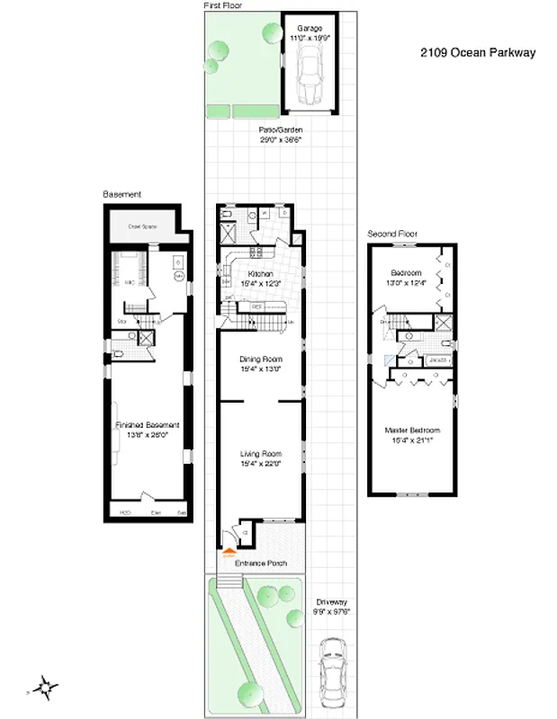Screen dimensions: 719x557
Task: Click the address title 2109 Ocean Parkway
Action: [x=477, y=52]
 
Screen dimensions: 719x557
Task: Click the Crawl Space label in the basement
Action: [x=142, y=226]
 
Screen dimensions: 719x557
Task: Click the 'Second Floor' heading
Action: [x=392, y=234]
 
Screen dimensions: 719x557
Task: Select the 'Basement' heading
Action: [x=121, y=194]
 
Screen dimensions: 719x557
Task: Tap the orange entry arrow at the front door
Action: [x=229, y=554]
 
